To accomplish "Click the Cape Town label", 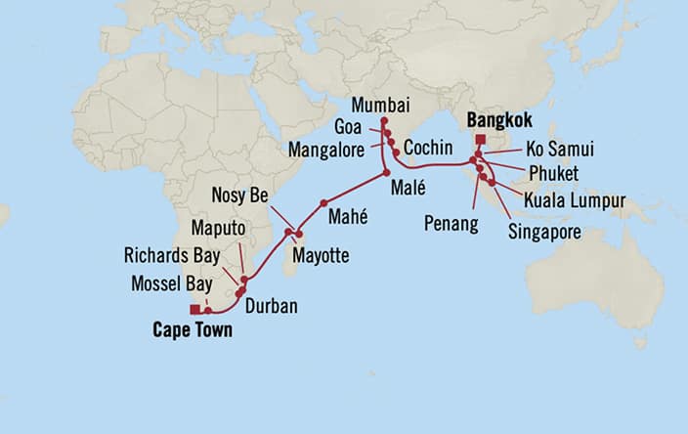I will (193, 330).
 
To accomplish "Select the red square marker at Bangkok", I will (479, 138).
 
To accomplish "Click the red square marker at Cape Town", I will (195, 309).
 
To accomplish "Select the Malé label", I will (405, 188).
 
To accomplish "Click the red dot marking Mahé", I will (322, 203).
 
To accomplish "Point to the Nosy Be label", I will (239, 195).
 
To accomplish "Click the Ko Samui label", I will (559, 150).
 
